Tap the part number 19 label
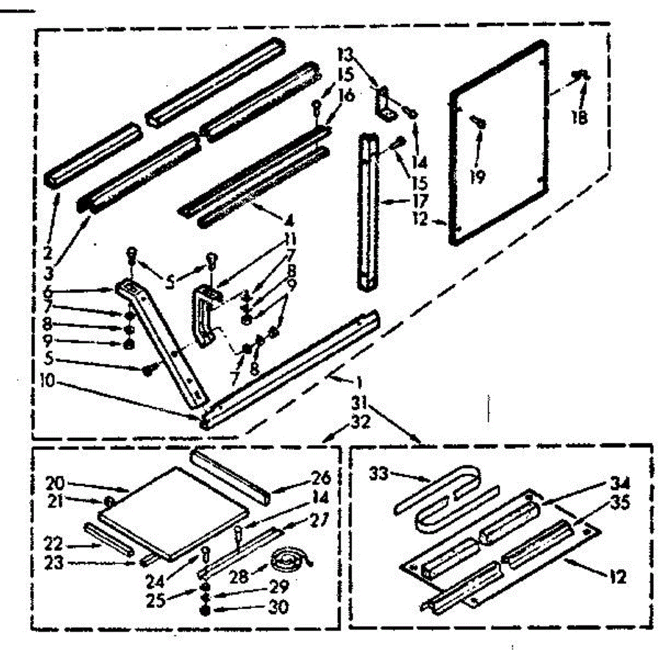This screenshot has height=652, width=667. pos(477,176)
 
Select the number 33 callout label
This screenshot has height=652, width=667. pos(379,475)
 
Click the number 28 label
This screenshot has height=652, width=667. pos(240,576)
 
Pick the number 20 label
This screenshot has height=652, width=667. pos(57,482)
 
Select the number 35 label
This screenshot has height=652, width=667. pos(620,502)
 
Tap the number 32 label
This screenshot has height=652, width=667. pos(361,422)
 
